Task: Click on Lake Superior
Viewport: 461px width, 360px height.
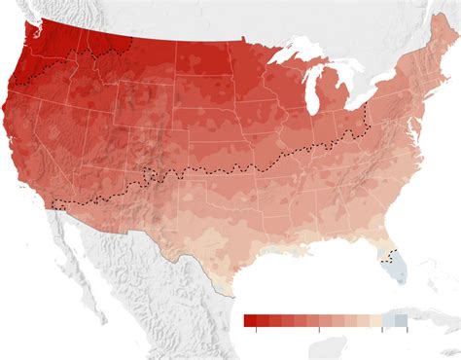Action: point(292,53)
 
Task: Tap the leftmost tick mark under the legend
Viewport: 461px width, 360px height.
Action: point(257,330)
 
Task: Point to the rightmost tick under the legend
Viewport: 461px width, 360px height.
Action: point(408,330)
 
